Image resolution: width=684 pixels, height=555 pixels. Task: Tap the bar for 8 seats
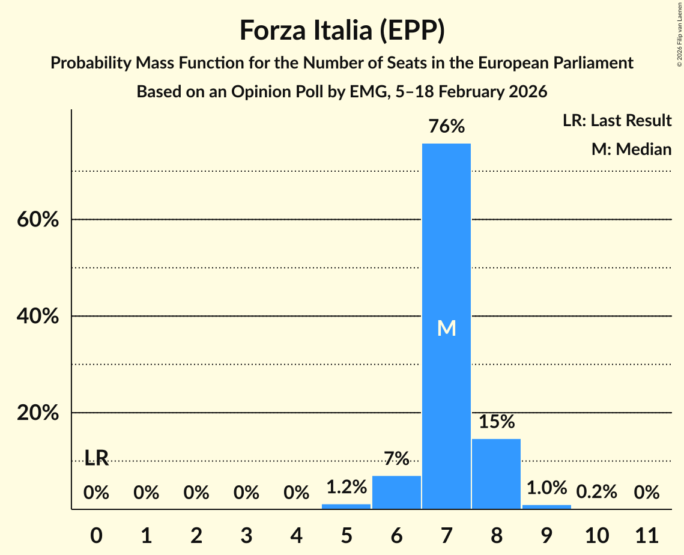tap(496, 474)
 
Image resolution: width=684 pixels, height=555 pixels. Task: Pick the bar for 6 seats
tap(396, 493)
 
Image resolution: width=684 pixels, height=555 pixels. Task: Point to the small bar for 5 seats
tap(347, 506)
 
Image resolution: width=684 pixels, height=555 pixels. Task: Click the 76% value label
tap(446, 127)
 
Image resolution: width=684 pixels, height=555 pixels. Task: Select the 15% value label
tap(496, 422)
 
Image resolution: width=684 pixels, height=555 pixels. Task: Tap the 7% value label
tap(396, 459)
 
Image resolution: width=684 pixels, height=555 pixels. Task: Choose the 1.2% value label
tap(347, 487)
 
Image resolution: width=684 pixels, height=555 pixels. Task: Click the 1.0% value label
tap(546, 488)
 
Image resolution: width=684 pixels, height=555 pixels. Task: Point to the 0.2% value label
tap(596, 493)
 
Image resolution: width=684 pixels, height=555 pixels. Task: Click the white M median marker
tap(446, 328)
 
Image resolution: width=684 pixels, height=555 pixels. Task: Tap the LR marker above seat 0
tap(96, 458)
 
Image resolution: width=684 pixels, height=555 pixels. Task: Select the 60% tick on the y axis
tap(37, 220)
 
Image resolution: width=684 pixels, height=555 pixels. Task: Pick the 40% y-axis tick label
tap(37, 317)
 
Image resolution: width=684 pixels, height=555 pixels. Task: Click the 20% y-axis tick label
tap(37, 413)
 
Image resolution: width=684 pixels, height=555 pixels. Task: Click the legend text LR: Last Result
tap(617, 121)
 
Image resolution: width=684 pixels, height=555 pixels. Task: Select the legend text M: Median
tap(631, 149)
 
